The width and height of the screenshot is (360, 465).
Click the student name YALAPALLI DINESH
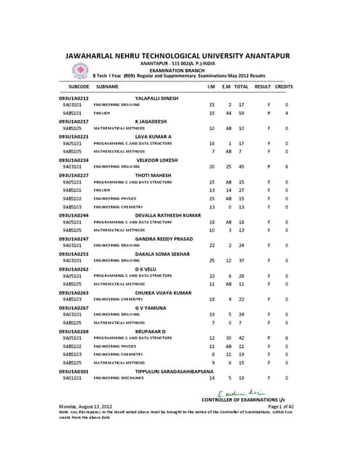click(x=161, y=98)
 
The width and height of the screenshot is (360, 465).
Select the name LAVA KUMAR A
click(x=153, y=137)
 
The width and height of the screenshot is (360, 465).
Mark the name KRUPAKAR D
click(x=151, y=331)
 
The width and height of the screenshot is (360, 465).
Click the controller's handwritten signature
click(x=247, y=392)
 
